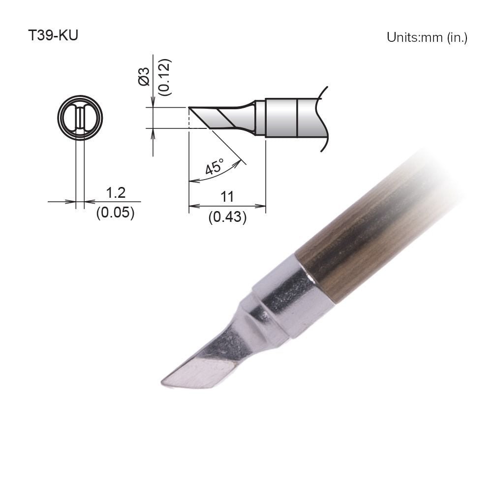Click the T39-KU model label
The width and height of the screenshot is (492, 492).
click(x=53, y=37)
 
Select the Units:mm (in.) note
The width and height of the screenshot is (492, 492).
click(x=427, y=37)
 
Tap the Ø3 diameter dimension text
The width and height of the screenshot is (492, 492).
click(x=144, y=76)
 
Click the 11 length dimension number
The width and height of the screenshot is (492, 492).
click(x=227, y=197)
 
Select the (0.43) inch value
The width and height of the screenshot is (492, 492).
click(x=227, y=216)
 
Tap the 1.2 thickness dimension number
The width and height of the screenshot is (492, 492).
click(x=116, y=193)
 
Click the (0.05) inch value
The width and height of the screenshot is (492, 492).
click(x=116, y=214)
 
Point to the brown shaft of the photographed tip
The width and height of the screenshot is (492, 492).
click(x=364, y=231)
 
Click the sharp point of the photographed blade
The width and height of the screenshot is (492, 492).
click(x=163, y=382)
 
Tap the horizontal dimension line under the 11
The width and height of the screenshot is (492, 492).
click(x=227, y=206)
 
